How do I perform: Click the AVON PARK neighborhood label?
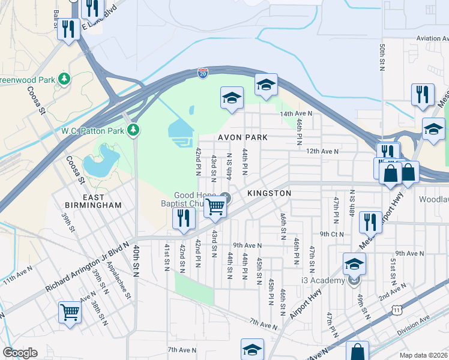tap(242, 137)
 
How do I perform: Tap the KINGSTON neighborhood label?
tap(269, 193)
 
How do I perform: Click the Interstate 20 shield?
tap(203, 73)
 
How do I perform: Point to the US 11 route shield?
tap(397, 309)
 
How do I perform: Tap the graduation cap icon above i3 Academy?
tap(354, 263)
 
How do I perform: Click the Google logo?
tap(20, 353)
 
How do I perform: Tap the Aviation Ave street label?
tap(432, 38)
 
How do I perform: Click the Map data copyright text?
tap(424, 355)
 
